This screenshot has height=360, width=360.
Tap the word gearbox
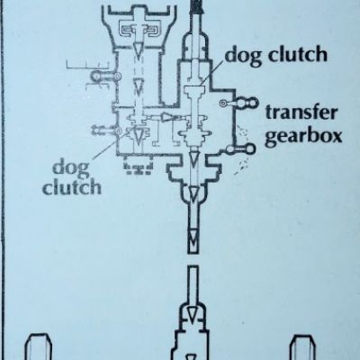(x=303, y=137)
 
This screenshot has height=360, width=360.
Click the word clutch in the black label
(x=298, y=54)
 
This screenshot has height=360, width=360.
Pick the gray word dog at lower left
(x=71, y=167)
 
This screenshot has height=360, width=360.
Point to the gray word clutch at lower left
(x=72, y=187)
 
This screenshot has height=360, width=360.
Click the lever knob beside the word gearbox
(x=249, y=148)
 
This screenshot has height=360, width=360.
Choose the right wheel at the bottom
(x=304, y=347)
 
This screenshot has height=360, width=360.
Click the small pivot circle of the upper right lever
(x=223, y=103)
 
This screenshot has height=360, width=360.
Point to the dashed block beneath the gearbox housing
(x=139, y=168)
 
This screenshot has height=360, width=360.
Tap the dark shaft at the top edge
(x=197, y=6)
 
